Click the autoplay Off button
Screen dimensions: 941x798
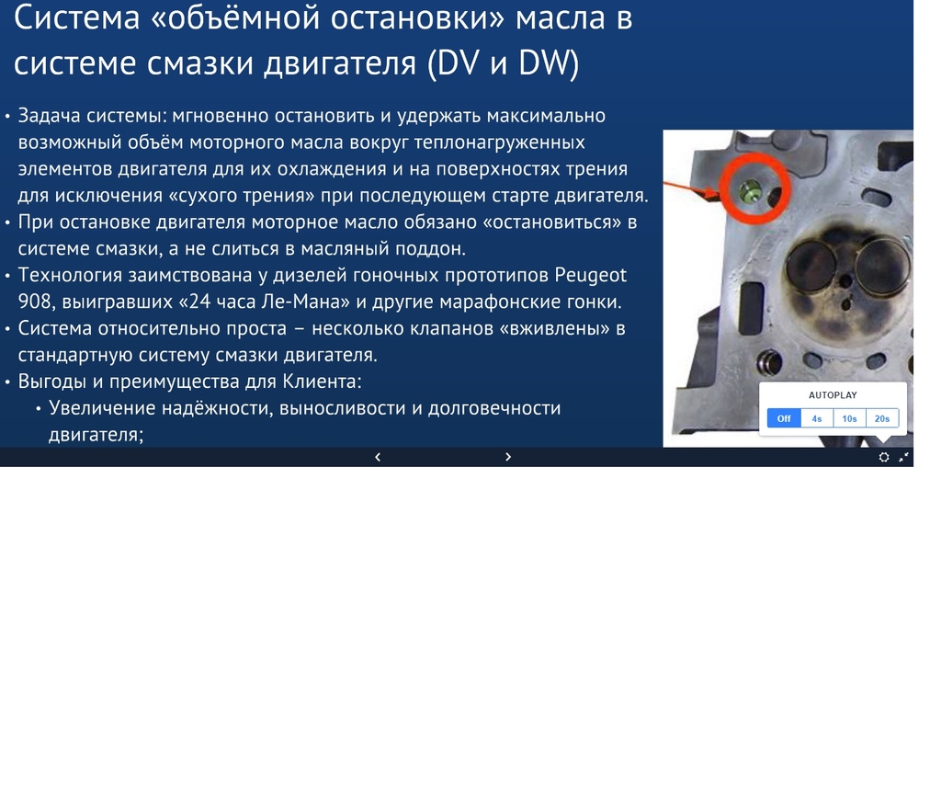[784, 418]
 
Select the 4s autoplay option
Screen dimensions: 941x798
[817, 418]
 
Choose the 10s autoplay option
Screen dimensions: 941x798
[849, 418]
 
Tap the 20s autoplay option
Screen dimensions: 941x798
[882, 418]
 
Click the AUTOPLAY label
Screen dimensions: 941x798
[833, 395]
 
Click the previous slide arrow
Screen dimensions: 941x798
[378, 457]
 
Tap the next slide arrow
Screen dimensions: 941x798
[508, 457]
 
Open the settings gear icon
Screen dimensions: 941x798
[884, 458]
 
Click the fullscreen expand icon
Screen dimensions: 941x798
[904, 458]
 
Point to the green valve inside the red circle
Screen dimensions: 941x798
[750, 192]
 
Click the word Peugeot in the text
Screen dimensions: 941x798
[591, 276]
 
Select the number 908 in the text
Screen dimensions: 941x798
[35, 302]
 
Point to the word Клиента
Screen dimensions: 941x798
[322, 382]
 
